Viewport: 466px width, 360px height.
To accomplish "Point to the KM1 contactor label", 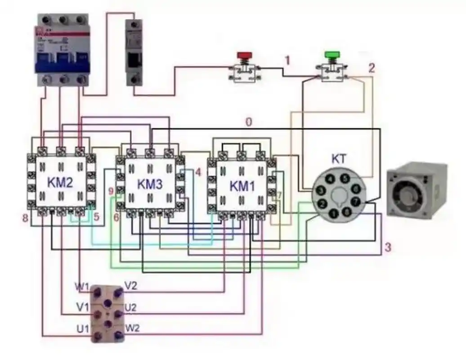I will (242, 185).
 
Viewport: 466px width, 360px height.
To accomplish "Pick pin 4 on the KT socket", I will (330, 179).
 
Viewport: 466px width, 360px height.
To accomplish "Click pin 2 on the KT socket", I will (322, 204).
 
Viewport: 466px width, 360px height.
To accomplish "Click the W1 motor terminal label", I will (82, 286).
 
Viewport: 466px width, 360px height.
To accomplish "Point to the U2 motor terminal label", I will (130, 308).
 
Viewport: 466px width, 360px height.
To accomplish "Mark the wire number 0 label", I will (248, 121).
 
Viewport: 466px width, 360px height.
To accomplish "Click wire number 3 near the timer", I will (387, 247).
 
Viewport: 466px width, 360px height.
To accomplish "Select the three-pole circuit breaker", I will (62, 49).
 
